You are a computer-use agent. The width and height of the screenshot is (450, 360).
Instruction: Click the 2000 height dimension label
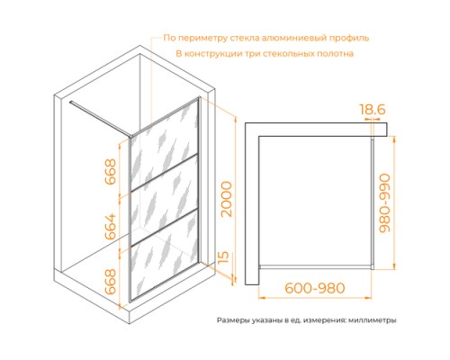[x=227, y=199]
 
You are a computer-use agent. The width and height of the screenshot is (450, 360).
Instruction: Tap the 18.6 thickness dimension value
[x=373, y=110]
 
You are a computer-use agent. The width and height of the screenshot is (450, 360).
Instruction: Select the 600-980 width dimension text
[x=315, y=288]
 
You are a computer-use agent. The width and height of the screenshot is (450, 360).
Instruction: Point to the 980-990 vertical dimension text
[x=384, y=203]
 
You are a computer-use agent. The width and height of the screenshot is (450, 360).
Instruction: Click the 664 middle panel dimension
[x=110, y=226]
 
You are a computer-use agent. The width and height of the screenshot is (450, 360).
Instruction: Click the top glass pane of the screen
[x=164, y=145]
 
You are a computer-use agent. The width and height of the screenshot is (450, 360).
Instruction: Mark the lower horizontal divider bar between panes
[x=164, y=227]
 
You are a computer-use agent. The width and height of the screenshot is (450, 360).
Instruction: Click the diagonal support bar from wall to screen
[x=100, y=119]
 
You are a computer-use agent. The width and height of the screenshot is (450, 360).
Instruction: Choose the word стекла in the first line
[x=245, y=39]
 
